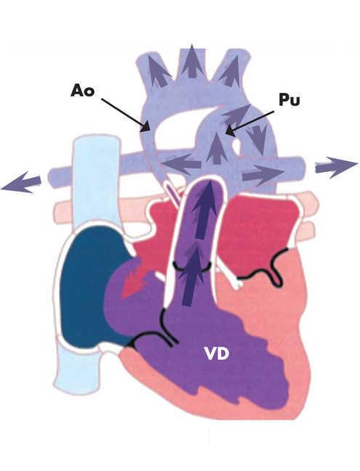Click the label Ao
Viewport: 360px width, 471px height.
coord(82,90)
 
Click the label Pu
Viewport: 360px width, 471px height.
coord(289,99)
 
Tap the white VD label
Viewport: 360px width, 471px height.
coord(217,354)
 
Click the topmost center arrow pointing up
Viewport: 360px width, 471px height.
coord(192,61)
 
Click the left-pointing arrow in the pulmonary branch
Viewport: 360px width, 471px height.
coord(181,164)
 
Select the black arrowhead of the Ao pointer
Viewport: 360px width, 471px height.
coord(147,126)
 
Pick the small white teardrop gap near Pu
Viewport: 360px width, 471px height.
coord(237,146)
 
